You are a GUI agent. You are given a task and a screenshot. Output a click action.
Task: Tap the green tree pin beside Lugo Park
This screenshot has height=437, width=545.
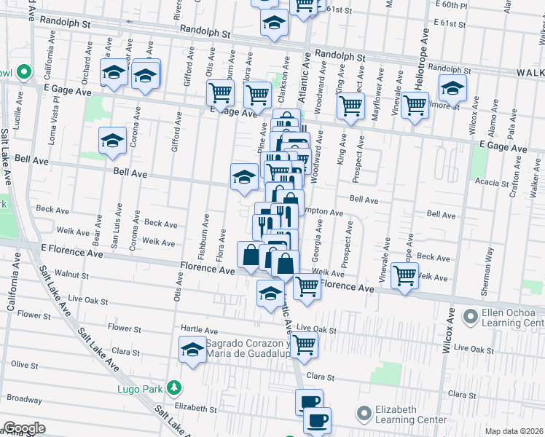click(173, 386)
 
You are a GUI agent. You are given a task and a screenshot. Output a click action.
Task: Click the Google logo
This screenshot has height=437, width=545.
click(24, 428)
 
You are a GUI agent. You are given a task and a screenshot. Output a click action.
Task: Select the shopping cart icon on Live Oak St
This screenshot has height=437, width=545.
click(305, 344)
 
